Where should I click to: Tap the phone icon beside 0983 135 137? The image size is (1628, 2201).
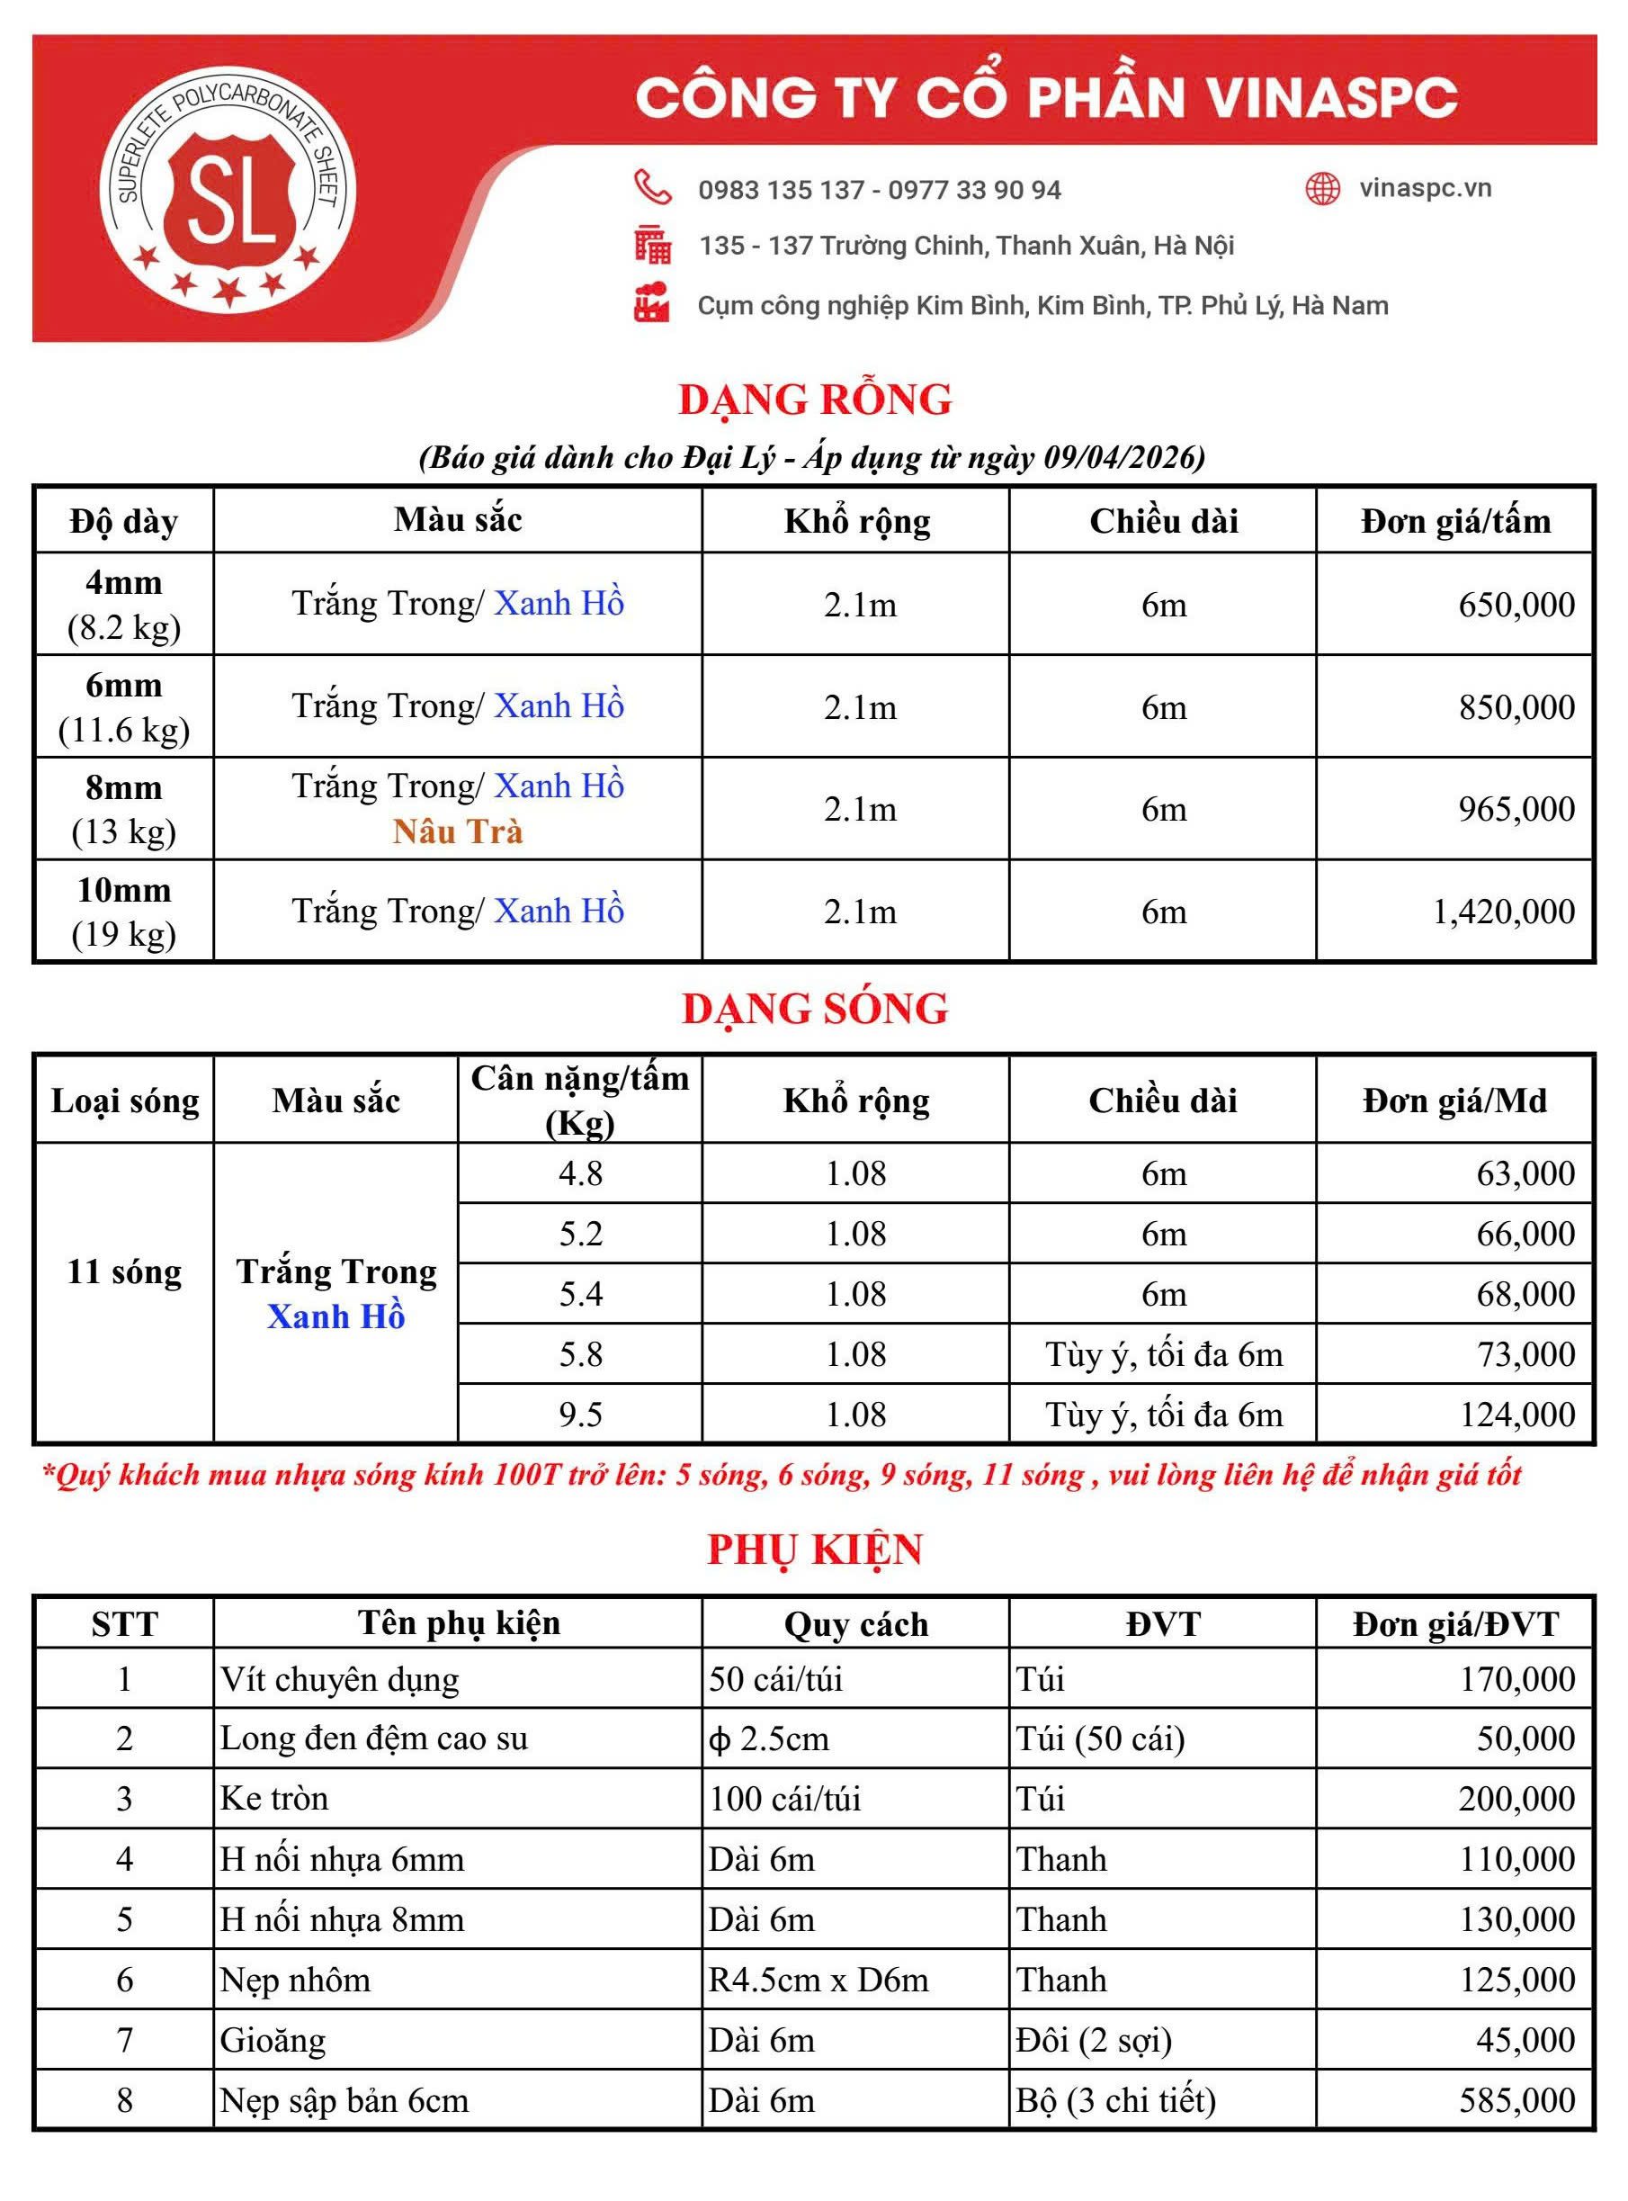coord(652,187)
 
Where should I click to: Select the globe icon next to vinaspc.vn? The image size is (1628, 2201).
coord(1322,188)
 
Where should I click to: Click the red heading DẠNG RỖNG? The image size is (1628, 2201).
coord(815,400)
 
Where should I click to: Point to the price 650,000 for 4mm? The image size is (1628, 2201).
coord(1516,604)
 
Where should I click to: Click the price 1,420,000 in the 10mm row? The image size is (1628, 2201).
coord(1503,912)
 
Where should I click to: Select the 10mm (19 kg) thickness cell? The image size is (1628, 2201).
coord(124,911)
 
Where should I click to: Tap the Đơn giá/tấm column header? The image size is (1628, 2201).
coord(1454,520)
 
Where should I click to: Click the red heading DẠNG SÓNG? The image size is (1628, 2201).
coord(815,1009)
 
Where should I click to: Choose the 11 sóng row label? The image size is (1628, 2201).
coord(124,1271)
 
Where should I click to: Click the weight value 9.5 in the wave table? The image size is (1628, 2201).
coord(580,1415)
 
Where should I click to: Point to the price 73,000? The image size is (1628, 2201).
coord(1525,1354)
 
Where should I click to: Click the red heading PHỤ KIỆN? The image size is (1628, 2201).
coord(815,1550)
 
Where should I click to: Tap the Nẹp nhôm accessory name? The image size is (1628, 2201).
coord(296,1981)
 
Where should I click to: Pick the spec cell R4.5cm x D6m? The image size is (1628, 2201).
coord(818,1981)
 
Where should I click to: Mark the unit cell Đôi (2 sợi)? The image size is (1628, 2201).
coord(1094,2040)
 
